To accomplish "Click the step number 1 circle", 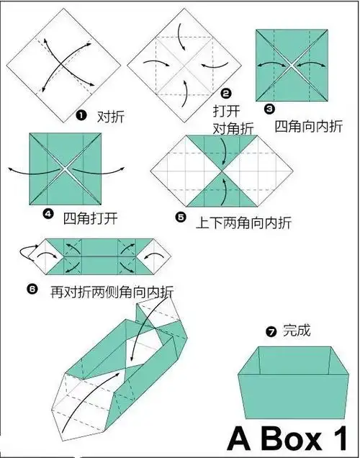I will pos(81,115).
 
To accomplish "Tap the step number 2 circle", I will pos(225,93).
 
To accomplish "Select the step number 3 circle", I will pos(269,109).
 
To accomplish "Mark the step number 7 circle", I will pos(271,332).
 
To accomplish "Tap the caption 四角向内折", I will pos(309,125).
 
